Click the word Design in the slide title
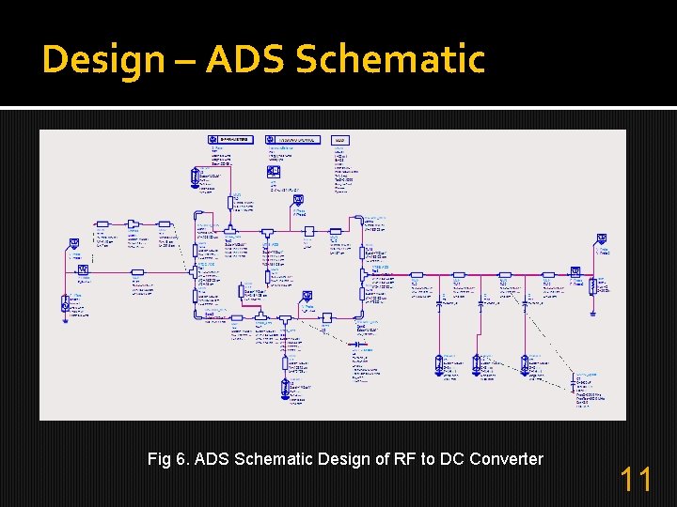pyautogui.click(x=102, y=59)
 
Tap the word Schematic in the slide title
pyautogui.click(x=390, y=59)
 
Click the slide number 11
pyautogui.click(x=636, y=480)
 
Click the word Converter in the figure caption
pyautogui.click(x=508, y=459)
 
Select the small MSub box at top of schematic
pyautogui.click(x=340, y=140)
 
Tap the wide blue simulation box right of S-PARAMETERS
pyautogui.click(x=292, y=140)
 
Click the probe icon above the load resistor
pyautogui.click(x=601, y=240)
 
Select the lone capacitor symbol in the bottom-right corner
pyautogui.click(x=573, y=384)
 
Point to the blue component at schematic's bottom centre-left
pyautogui.click(x=285, y=387)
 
